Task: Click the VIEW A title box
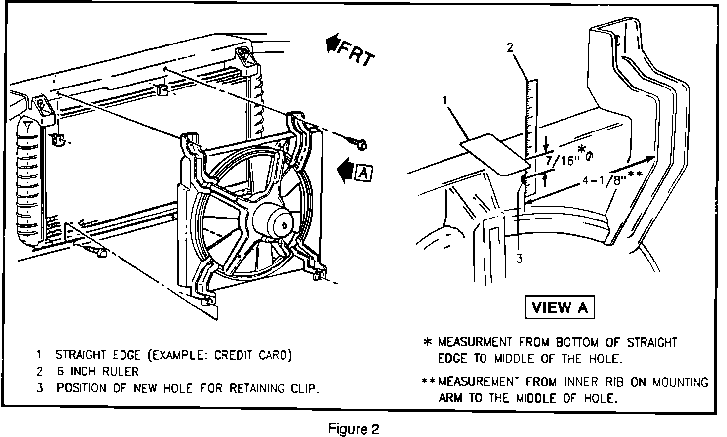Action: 560,307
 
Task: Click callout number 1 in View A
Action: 445,100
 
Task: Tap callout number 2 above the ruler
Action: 511,47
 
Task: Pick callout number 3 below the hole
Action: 520,259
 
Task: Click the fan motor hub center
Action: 284,225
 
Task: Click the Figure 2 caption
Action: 354,429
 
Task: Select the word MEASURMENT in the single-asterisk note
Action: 475,342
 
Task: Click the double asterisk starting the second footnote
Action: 429,381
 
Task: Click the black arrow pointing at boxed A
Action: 346,170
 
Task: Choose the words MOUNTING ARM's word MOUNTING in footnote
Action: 680,382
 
